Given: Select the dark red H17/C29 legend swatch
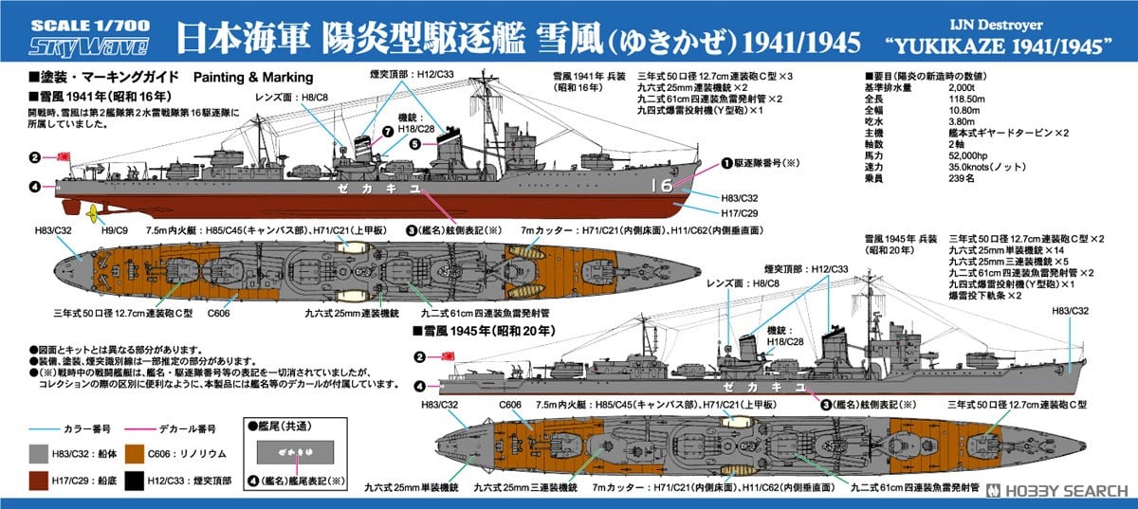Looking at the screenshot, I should pos(38,472).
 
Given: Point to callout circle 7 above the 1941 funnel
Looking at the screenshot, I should pos(387,131).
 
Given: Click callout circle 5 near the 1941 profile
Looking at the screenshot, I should pos(414,144).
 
